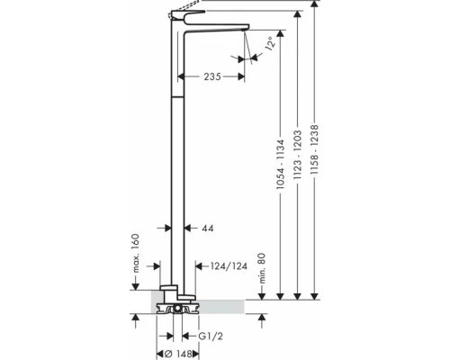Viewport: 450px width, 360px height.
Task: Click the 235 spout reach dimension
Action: tap(212, 76)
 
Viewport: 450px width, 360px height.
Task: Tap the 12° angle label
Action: tap(270, 43)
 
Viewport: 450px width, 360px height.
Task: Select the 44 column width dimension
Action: tap(208, 229)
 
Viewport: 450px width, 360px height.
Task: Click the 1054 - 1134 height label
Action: tap(280, 164)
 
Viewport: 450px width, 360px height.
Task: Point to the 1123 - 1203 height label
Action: tap(297, 155)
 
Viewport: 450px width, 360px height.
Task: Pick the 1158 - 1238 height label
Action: tap(314, 149)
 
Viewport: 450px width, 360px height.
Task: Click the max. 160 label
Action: tap(136, 253)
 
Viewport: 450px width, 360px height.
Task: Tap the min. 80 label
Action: tap(262, 268)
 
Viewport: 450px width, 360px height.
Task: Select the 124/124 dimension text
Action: tap(229, 266)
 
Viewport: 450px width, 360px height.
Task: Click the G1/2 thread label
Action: tap(211, 337)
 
